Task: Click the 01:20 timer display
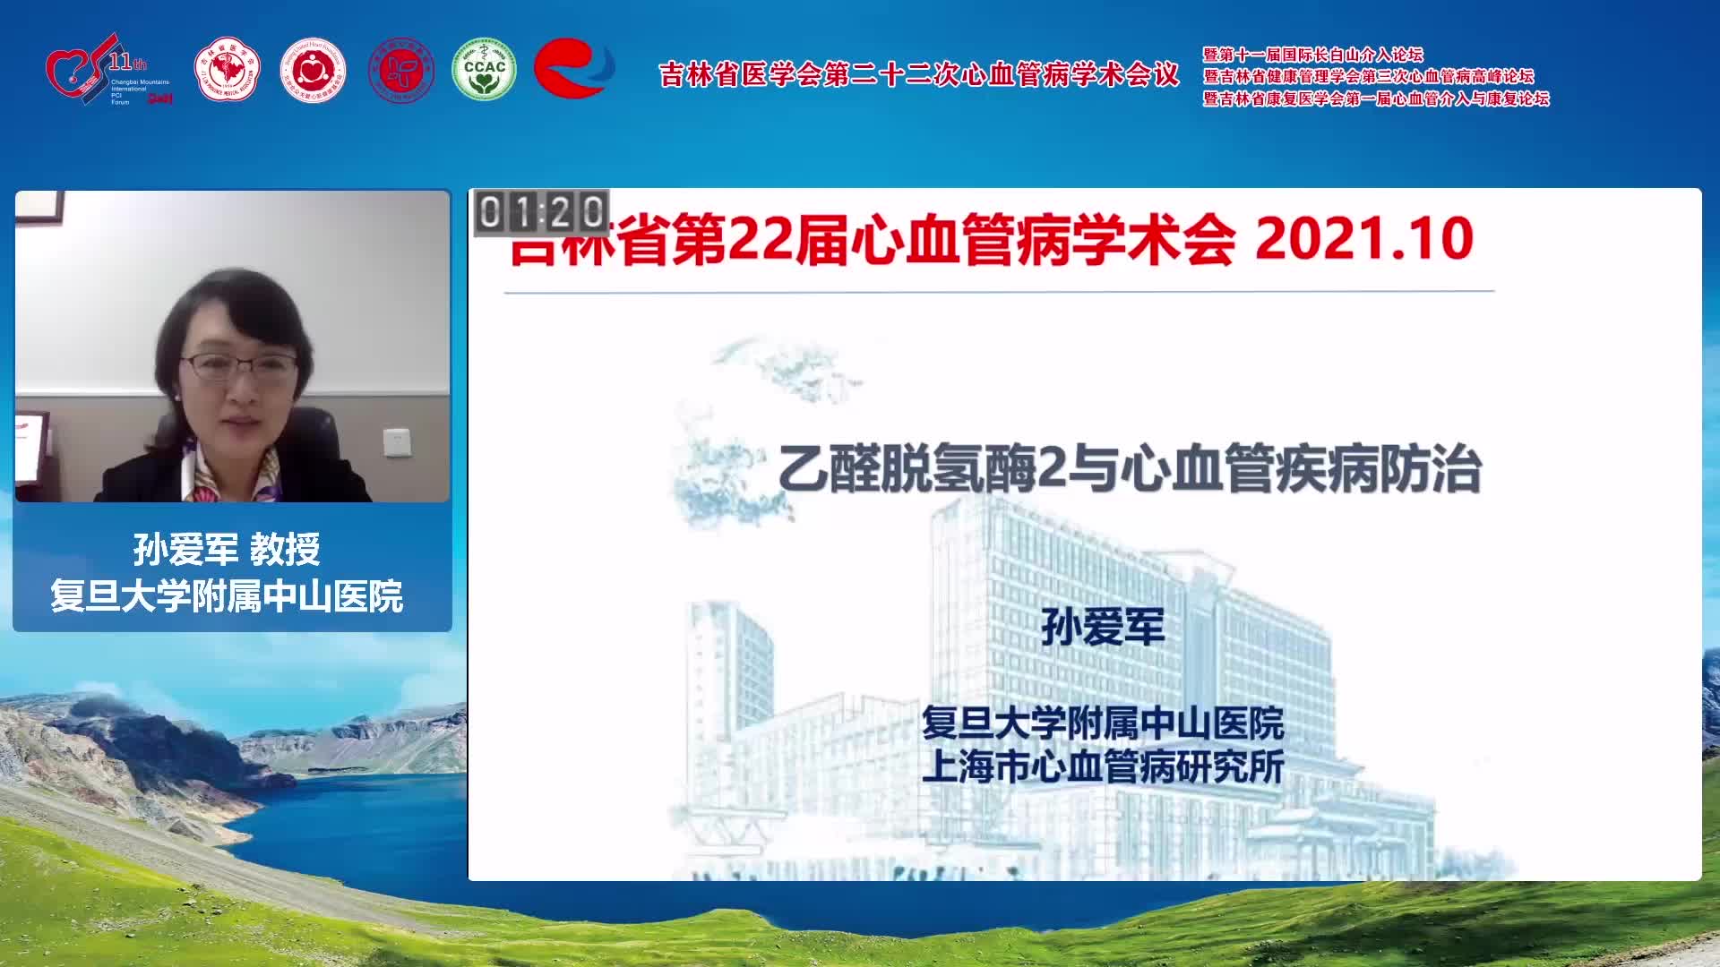tap(541, 213)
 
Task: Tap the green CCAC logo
tap(484, 69)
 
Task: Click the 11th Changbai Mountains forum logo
tap(107, 70)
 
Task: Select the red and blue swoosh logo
tap(573, 67)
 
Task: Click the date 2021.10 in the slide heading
tap(1363, 239)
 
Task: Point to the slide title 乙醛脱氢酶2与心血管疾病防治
tap(1129, 470)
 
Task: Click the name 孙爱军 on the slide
tap(1103, 627)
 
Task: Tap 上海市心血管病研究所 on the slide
tap(1103, 767)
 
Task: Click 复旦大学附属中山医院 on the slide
tap(1103, 723)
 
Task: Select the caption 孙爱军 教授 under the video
tap(227, 549)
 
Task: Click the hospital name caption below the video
tap(227, 596)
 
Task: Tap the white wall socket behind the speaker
tap(397, 441)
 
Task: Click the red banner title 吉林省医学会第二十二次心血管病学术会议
tap(919, 75)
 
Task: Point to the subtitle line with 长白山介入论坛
tap(1312, 55)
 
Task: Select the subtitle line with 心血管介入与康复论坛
tap(1375, 98)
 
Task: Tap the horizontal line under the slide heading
tap(999, 292)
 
